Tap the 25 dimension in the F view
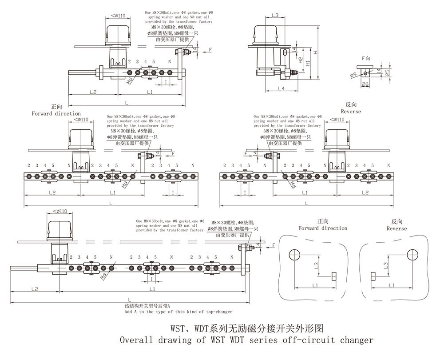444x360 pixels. tap(388, 72)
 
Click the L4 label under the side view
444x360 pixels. tap(281, 88)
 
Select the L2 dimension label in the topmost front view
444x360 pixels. tap(93, 92)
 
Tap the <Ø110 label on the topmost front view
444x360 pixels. tap(117, 16)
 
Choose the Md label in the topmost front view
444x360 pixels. tap(130, 80)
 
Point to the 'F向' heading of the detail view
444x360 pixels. tap(366, 58)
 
